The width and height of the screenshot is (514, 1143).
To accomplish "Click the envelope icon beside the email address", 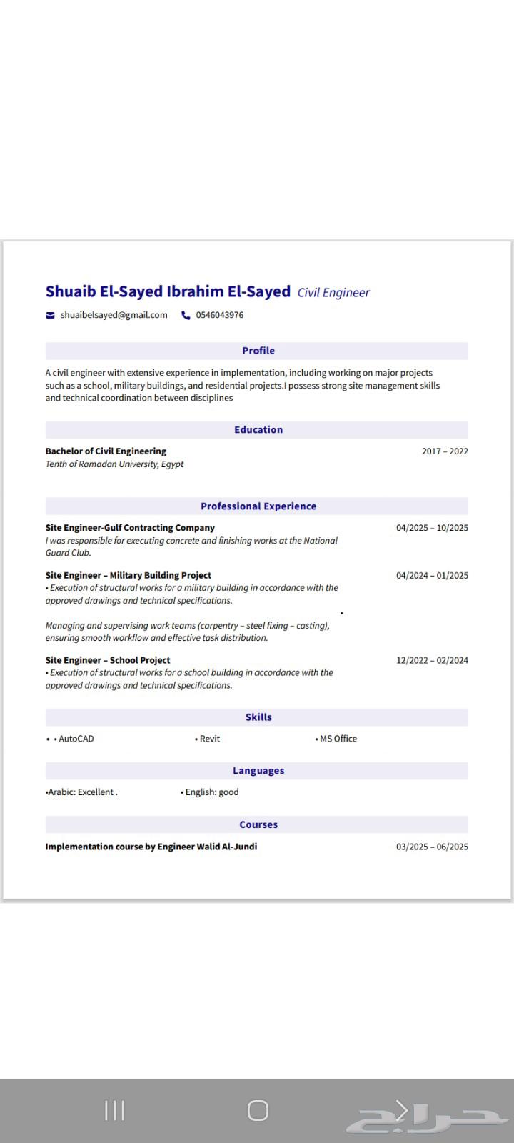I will (x=50, y=315).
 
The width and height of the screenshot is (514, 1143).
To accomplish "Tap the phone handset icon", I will (x=186, y=315).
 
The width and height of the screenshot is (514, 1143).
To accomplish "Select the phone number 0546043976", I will (x=219, y=315).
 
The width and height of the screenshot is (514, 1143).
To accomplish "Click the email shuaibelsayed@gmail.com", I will (x=114, y=315).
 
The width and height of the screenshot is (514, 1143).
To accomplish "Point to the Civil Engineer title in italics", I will (x=333, y=292).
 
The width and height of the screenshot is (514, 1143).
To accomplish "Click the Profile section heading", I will (x=258, y=351).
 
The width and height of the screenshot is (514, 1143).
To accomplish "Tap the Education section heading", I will (x=258, y=429).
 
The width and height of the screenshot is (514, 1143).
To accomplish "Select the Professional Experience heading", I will (x=258, y=506).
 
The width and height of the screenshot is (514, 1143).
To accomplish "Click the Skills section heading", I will (x=258, y=717).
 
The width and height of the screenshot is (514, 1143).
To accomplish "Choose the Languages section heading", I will (x=258, y=771).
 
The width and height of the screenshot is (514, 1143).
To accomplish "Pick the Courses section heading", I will (x=258, y=824).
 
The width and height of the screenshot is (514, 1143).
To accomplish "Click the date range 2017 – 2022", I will (x=445, y=451).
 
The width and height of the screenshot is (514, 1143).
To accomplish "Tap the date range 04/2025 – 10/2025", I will (x=432, y=528).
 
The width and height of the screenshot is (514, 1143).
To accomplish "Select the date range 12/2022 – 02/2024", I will (x=432, y=660).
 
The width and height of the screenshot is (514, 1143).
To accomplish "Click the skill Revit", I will (x=209, y=739).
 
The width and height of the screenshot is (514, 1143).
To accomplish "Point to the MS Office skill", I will (x=338, y=739).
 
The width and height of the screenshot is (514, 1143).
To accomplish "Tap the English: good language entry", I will (x=211, y=792).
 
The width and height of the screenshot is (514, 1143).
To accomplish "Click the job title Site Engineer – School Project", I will (x=108, y=660).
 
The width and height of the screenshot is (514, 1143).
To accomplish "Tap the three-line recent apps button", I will (x=114, y=1110).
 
